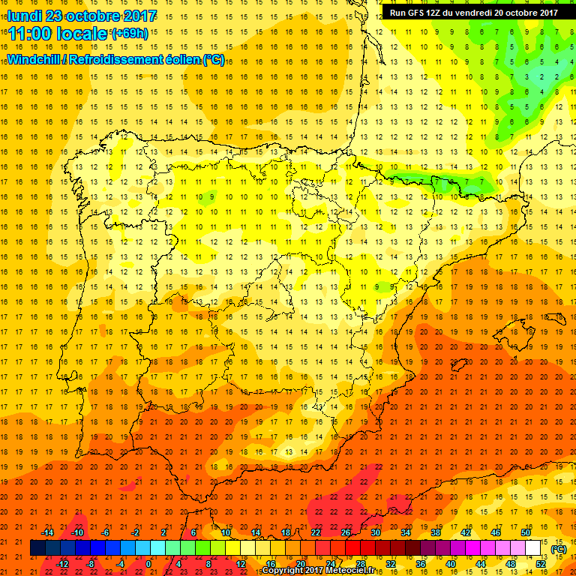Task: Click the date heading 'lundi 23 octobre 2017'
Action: pyautogui.click(x=82, y=16)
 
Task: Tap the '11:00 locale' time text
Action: pyautogui.click(x=58, y=34)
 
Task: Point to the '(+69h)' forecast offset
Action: pyautogui.click(x=130, y=33)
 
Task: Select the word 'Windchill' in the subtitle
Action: pyautogui.click(x=34, y=59)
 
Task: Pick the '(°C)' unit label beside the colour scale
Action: pyautogui.click(x=558, y=549)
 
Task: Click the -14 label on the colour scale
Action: pyautogui.click(x=47, y=532)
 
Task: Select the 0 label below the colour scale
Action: pyautogui.click(x=148, y=564)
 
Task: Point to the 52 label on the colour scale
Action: pyautogui.click(x=541, y=564)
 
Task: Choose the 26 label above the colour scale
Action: pyautogui.click(x=346, y=532)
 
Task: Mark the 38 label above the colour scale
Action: pyautogui.click(x=436, y=532)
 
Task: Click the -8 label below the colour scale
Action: pyautogui.click(x=91, y=564)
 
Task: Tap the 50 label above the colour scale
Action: pyautogui.click(x=526, y=532)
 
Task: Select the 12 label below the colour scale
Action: pyautogui.click(x=241, y=564)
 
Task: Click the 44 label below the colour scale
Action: pyautogui.click(x=481, y=564)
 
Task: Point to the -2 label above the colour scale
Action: pyautogui.click(x=136, y=532)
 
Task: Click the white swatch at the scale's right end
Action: pyautogui.click(x=533, y=548)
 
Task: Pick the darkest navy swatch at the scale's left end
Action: pyautogui.click(x=37, y=548)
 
